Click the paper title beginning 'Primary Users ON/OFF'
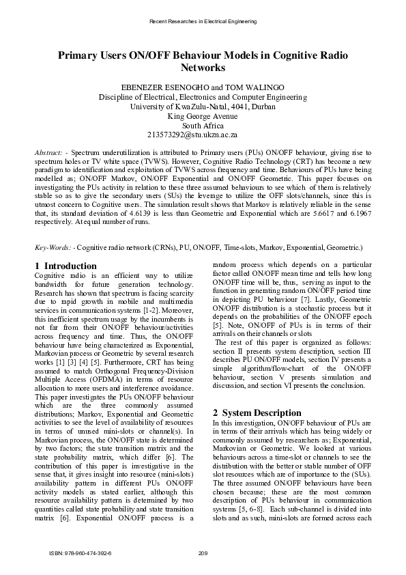coord(202,61)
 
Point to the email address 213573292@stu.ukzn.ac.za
coord(202,135)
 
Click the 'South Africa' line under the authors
coord(202,125)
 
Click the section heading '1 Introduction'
coord(66,265)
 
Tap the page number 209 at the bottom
coord(202,552)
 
